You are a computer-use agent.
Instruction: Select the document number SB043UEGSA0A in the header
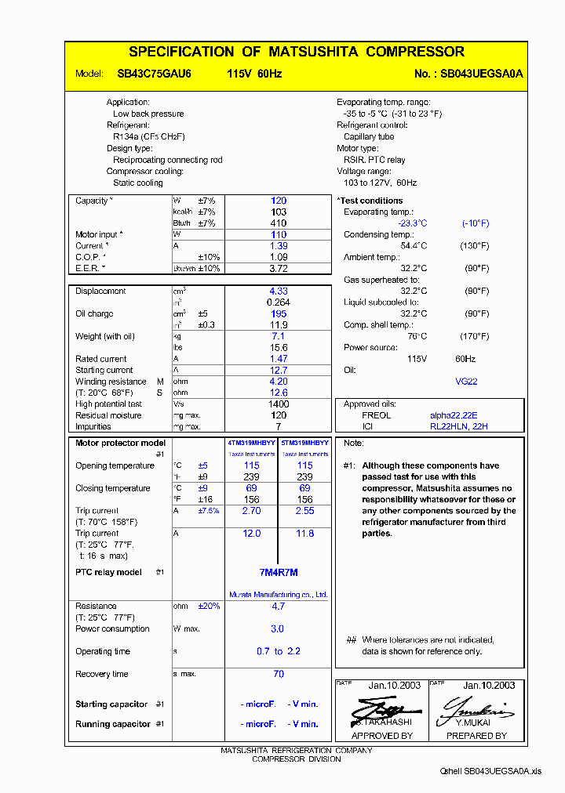481,74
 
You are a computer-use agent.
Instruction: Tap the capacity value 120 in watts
279,201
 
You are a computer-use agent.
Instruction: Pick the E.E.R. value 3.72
279,269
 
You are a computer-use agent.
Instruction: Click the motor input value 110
279,234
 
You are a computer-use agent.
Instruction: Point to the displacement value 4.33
279,291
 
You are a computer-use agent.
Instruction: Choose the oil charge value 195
279,313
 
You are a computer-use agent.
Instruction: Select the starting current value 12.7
279,370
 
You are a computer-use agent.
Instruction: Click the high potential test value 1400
279,404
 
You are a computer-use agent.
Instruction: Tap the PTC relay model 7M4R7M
279,572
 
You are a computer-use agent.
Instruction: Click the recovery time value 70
279,674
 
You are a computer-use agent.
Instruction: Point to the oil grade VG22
466,382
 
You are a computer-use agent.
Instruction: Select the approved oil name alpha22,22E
454,415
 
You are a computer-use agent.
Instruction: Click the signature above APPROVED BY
377,708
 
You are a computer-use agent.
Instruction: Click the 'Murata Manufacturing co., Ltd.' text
279,595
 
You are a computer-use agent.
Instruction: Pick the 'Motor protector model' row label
120,444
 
